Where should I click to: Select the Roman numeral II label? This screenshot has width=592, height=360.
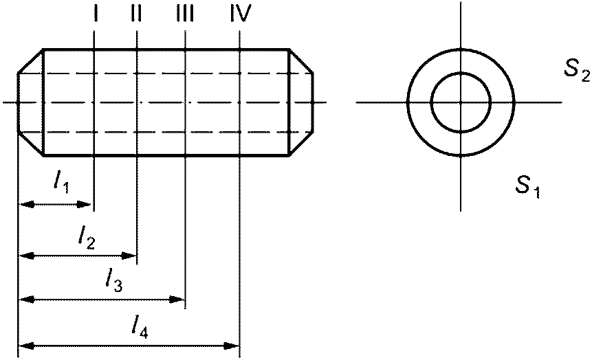tap(136, 14)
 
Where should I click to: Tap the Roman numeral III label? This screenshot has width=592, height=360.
tap(185, 14)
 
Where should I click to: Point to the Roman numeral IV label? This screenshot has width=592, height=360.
tap(241, 14)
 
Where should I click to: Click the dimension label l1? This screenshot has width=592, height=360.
tap(61, 183)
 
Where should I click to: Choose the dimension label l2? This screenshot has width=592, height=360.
tap(87, 237)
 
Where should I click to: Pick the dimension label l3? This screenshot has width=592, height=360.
tap(113, 281)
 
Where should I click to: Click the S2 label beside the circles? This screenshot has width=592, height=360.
tap(576, 69)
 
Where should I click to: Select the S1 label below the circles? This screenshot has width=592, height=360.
tap(528, 186)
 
